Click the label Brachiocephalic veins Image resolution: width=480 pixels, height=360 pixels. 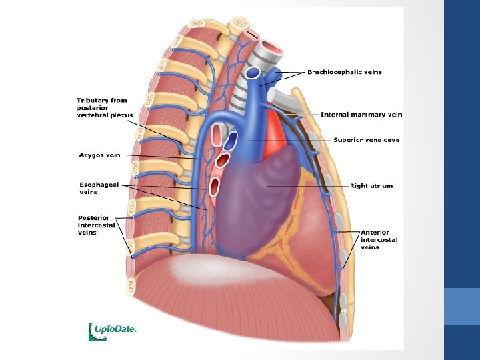(344, 72)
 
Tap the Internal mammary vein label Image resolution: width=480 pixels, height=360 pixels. (361, 115)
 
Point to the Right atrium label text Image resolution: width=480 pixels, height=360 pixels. (372, 186)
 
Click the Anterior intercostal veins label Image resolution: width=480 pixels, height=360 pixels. (379, 240)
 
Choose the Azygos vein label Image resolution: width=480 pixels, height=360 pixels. (99, 155)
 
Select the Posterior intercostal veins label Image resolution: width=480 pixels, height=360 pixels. (97, 225)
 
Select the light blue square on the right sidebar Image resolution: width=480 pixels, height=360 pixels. (462, 306)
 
